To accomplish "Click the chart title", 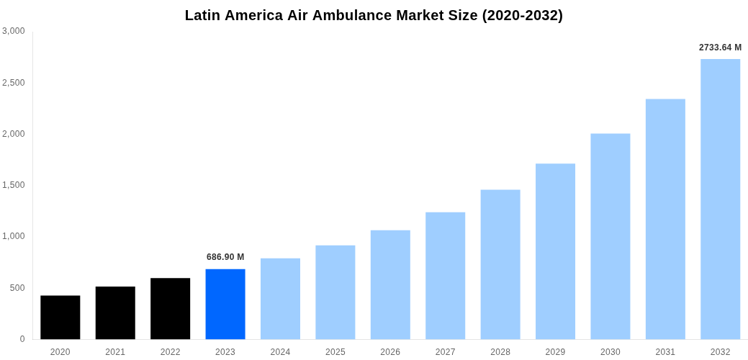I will point(374,15).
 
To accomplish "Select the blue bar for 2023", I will point(225,305).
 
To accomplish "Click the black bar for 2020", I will point(60,318).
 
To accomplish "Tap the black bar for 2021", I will point(115,313).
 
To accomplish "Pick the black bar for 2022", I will point(170,309).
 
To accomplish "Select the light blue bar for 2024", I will point(280,299).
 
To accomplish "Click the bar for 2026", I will point(390,285).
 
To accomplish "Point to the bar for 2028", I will point(500,264).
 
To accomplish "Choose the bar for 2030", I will point(610,236).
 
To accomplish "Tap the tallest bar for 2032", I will point(720,199).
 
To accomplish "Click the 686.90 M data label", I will point(225,257).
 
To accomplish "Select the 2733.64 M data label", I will point(720,48).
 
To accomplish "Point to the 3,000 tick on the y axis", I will point(14,31).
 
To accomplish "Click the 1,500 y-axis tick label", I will point(14,185).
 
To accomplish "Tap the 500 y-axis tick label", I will point(17,288).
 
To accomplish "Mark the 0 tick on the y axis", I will point(22,339).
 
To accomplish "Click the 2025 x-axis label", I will point(335,352).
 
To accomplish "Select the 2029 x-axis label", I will point(555,352).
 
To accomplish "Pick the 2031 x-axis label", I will point(665,352).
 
